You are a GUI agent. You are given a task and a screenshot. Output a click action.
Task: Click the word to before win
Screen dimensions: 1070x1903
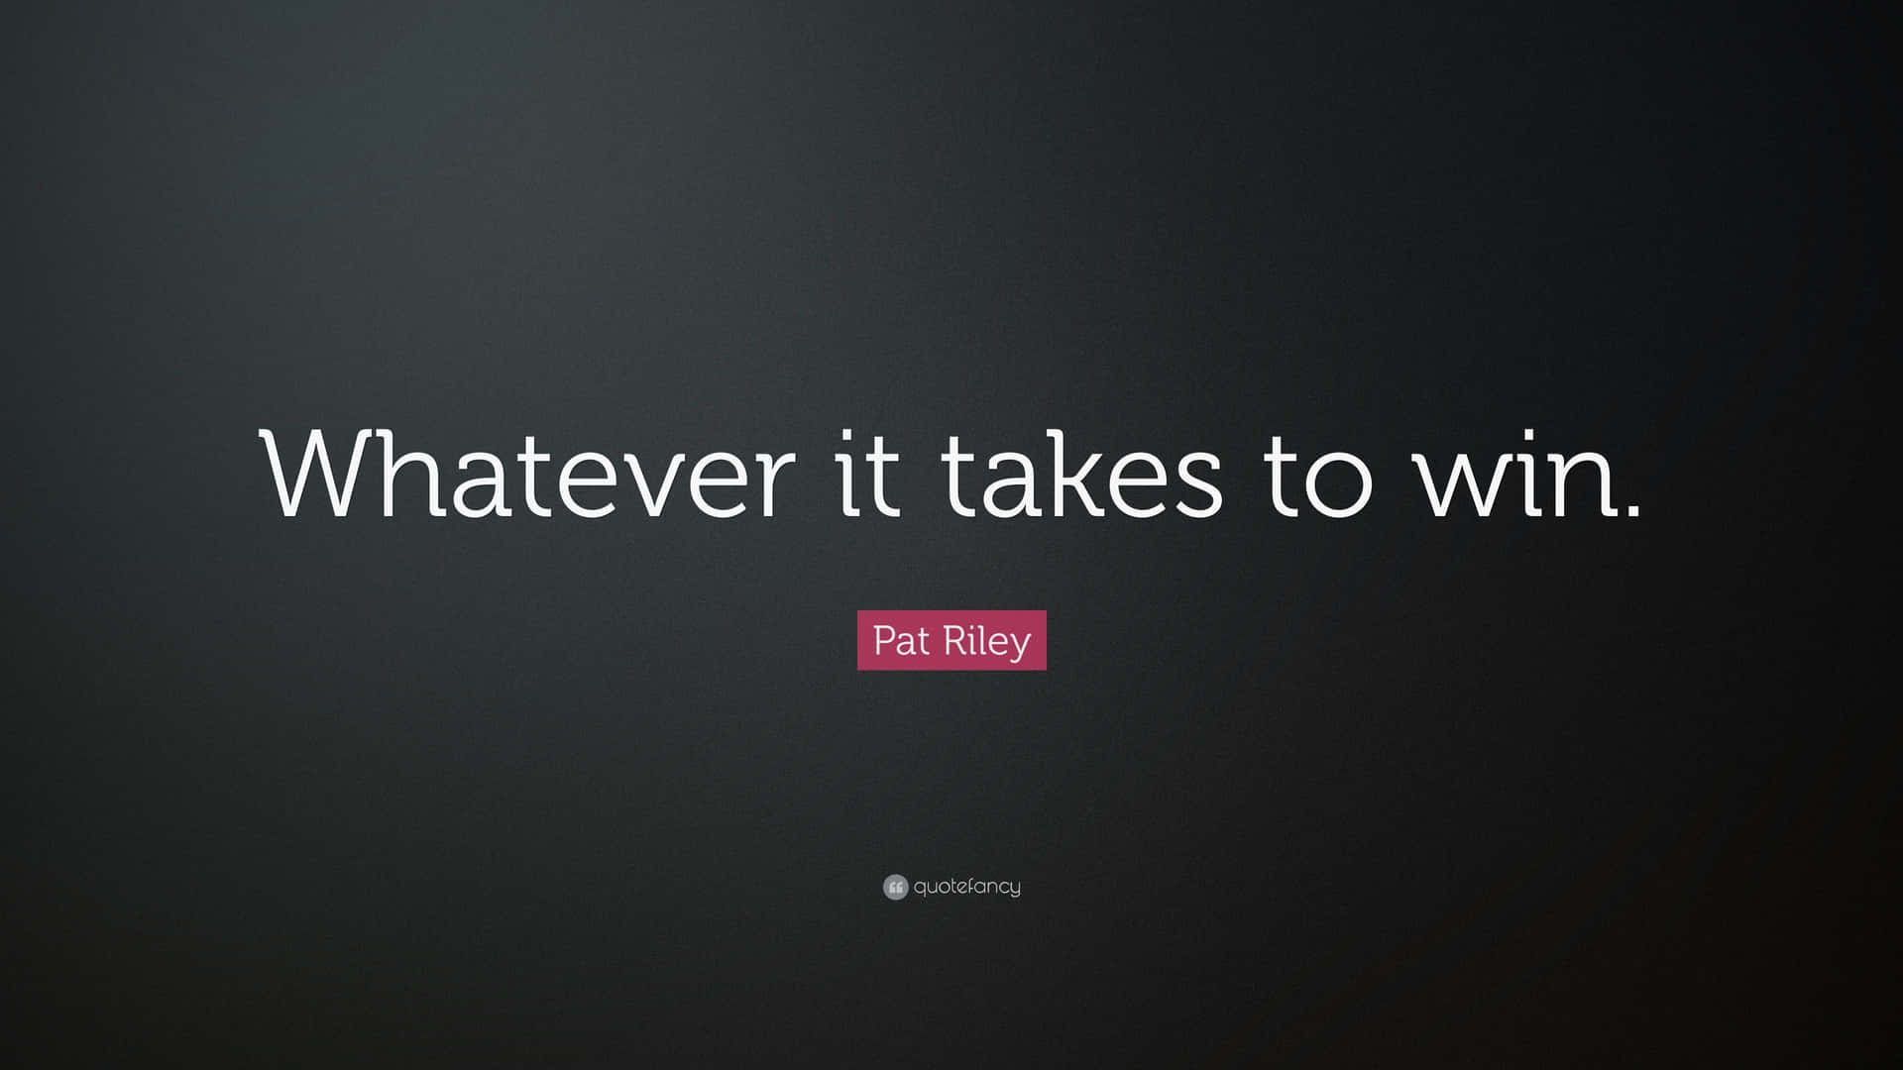click(x=1317, y=476)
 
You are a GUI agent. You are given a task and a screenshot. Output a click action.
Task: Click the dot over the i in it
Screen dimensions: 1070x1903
click(x=850, y=436)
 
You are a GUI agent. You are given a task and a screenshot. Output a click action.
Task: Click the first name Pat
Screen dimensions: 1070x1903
click(x=901, y=641)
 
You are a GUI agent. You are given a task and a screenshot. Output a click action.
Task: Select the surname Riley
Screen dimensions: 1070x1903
click(x=986, y=641)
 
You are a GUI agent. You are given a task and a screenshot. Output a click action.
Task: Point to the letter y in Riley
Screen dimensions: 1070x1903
click(x=1020, y=646)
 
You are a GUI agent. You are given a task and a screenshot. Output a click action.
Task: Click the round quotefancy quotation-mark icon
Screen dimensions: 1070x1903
click(x=895, y=887)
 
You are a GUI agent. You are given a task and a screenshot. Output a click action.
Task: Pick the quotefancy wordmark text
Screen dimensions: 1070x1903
click(x=966, y=887)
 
